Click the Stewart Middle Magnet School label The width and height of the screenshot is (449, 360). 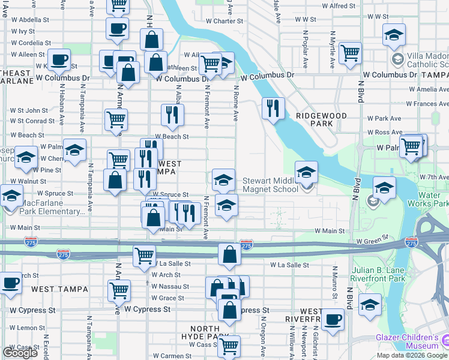pyautogui.click(x=270, y=185)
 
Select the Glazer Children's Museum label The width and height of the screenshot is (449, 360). pyautogui.click(x=408, y=341)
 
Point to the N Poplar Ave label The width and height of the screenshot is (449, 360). pyautogui.click(x=306, y=47)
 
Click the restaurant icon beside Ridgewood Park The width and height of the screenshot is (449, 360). pyautogui.click(x=273, y=109)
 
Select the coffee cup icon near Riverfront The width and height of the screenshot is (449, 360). pyautogui.click(x=332, y=319)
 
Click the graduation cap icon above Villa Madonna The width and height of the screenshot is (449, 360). pyautogui.click(x=394, y=34)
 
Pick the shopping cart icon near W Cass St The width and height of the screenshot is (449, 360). pyautogui.click(x=229, y=346)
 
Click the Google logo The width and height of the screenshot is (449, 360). pyautogui.click(x=20, y=353)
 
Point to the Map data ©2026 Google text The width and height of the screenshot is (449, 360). pyautogui.click(x=412, y=355)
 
